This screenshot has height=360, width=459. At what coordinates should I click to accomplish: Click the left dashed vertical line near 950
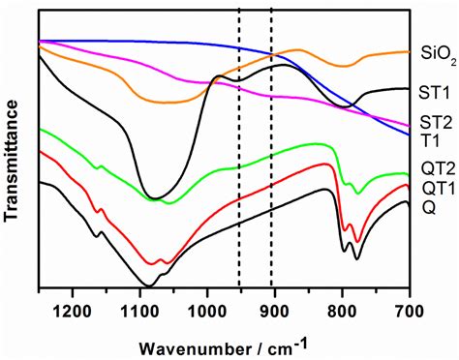pos(239,145)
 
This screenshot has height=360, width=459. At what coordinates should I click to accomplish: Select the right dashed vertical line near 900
pos(271,145)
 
